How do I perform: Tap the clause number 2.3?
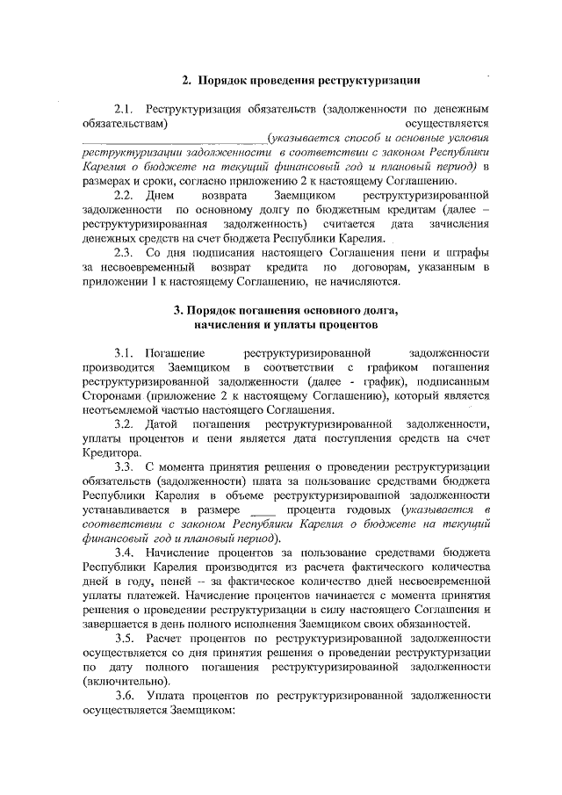pos(126,253)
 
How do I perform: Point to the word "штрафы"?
pos(467,253)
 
